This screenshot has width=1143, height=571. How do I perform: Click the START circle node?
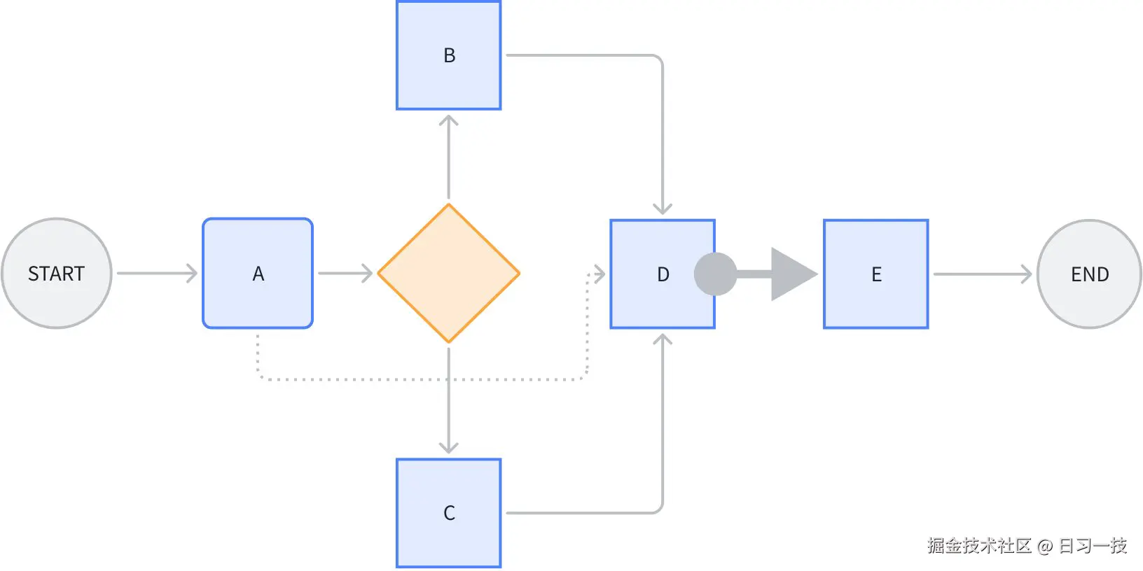tap(57, 274)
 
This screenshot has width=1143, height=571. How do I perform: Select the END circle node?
tap(1089, 274)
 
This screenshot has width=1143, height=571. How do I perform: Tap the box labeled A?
tap(258, 274)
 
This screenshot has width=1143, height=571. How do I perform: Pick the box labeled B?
tap(449, 55)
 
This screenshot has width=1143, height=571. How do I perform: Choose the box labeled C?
tap(449, 513)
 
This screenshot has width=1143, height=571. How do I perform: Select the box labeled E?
tap(876, 274)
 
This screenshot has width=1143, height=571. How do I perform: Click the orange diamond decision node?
tap(449, 274)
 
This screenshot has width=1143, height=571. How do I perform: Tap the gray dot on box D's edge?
tap(715, 274)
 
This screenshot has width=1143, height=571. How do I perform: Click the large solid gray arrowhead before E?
tap(791, 274)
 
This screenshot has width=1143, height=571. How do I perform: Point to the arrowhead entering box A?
tap(191, 274)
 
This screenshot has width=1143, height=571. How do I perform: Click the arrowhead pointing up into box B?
tap(449, 121)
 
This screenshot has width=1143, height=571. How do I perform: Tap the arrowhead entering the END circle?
tap(1026, 274)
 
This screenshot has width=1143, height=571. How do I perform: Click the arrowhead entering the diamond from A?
tap(366, 274)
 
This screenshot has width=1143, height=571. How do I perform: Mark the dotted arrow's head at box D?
tap(599, 274)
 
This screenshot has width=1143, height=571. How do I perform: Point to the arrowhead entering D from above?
tap(663, 209)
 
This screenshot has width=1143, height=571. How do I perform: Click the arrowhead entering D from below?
tap(663, 340)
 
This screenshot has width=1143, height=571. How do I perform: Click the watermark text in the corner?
tap(1027, 546)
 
